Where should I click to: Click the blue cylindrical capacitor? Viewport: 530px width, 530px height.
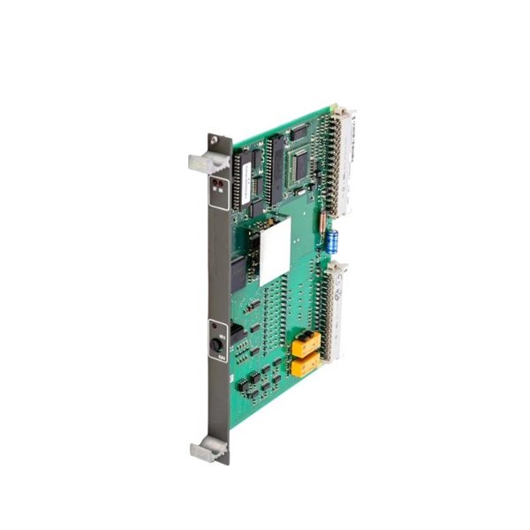click(332, 241)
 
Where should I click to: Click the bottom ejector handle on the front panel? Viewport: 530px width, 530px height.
click(205, 451)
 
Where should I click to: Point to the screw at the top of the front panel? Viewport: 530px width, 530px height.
click(214, 140)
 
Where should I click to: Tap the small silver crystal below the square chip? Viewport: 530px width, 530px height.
click(303, 189)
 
